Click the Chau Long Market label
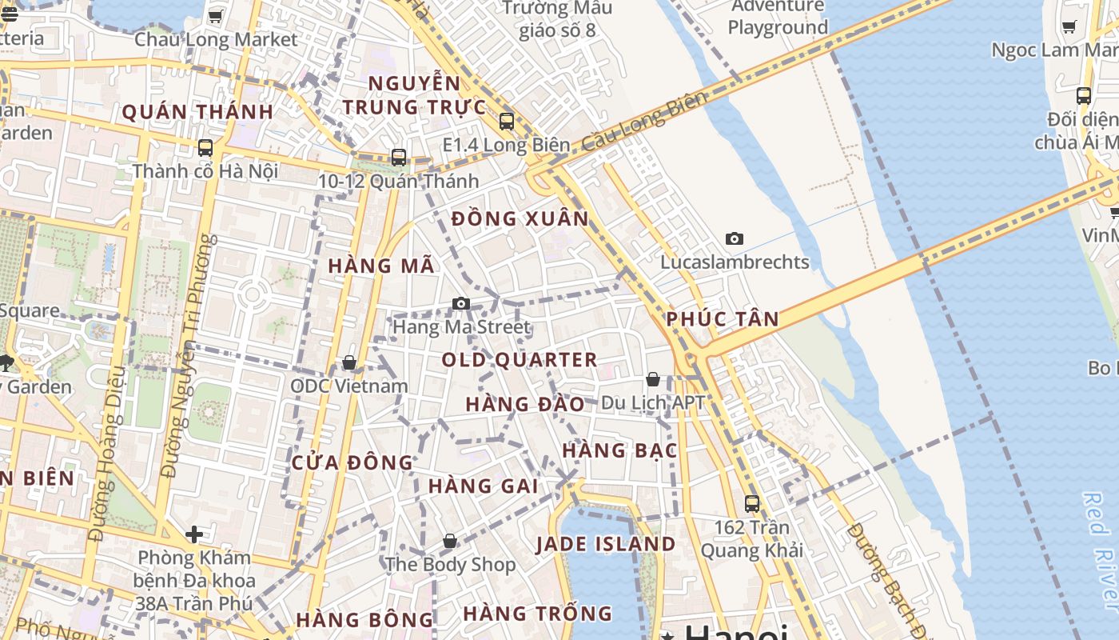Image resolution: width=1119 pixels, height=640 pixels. click(216, 39)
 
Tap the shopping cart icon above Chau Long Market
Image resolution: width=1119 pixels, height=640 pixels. click(215, 16)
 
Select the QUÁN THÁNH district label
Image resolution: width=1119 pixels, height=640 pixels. click(197, 112)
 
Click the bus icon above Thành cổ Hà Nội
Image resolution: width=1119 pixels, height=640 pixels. click(205, 148)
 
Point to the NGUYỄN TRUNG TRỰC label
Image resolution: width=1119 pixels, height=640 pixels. click(414, 95)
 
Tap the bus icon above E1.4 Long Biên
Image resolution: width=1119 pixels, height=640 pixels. click(506, 122)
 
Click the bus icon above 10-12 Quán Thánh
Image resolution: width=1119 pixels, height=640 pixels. click(399, 158)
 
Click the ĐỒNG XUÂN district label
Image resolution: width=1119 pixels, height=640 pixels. click(520, 219)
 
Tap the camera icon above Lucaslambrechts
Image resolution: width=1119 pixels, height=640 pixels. click(735, 239)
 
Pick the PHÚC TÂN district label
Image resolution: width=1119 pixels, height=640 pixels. click(723, 319)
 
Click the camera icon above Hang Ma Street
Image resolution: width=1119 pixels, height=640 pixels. click(461, 304)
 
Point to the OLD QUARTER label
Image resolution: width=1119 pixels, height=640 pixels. click(520, 360)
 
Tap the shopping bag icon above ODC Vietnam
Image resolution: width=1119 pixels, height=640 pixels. click(349, 363)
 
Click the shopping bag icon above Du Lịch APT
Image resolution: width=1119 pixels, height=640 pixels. click(653, 379)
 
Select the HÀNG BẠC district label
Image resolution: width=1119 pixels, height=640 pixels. click(619, 450)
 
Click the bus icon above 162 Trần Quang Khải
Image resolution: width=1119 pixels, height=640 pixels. click(752, 504)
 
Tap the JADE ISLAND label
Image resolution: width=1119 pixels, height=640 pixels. click(606, 545)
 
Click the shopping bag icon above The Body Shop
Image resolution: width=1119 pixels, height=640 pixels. click(450, 542)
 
